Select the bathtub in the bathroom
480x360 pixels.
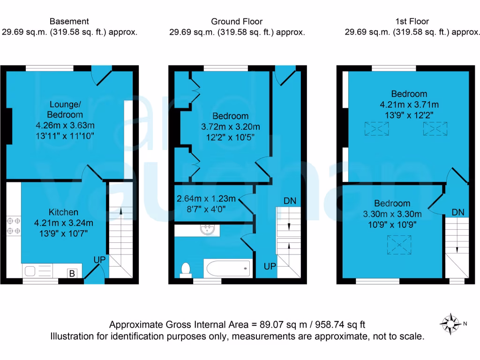[x=228, y=268]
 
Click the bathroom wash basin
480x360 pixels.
[x=207, y=230]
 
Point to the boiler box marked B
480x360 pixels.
[x=72, y=273]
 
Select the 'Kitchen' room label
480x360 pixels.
[x=64, y=212]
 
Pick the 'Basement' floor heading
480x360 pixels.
[x=69, y=21]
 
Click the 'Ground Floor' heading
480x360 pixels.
[x=237, y=21]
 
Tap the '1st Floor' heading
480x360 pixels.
[x=412, y=21]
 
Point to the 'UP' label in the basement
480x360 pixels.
[x=99, y=259]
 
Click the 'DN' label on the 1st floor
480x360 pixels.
[x=458, y=212]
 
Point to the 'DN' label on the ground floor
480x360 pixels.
[x=290, y=201]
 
